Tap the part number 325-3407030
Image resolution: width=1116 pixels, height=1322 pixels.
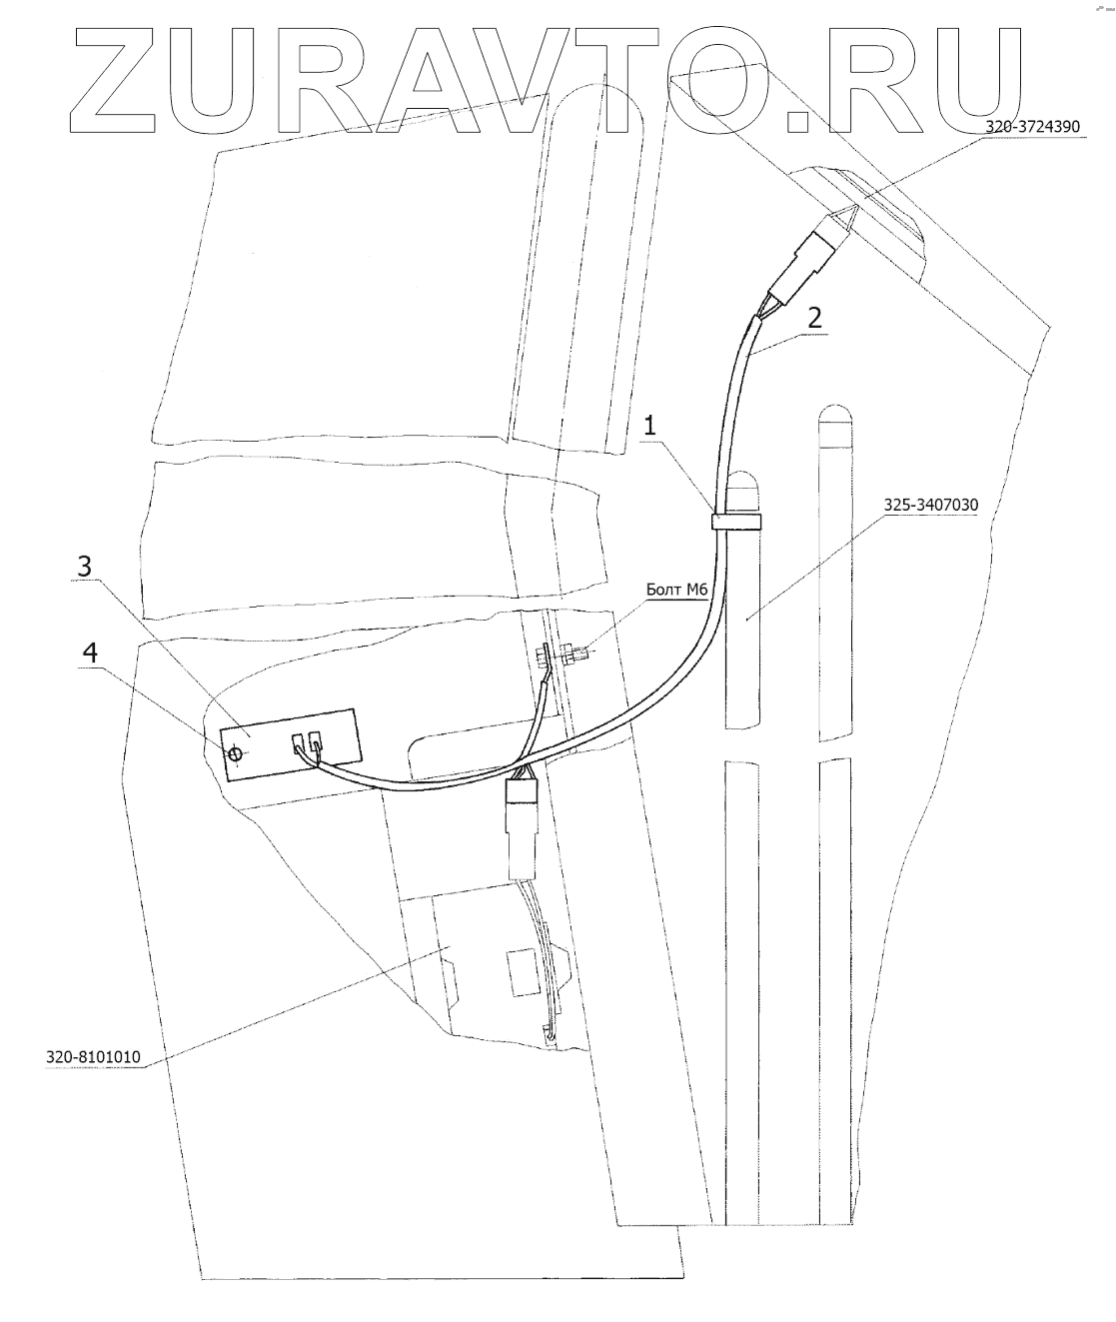929,506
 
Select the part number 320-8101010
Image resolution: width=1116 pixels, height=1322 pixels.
93,1056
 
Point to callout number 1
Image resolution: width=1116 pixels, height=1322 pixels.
649,426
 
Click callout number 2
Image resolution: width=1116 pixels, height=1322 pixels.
814,319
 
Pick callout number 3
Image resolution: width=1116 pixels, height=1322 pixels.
85,566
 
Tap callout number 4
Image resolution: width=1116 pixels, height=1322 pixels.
90,653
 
